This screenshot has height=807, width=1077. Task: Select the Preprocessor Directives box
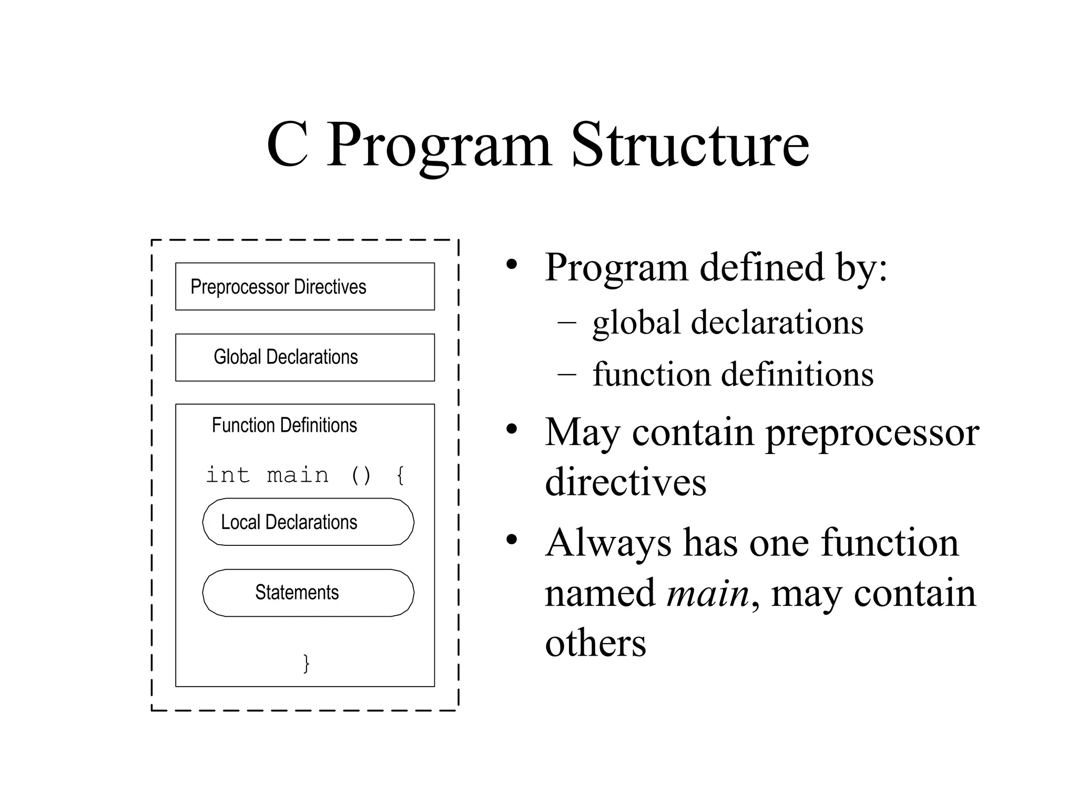point(304,286)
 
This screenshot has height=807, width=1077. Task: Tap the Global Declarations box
point(304,357)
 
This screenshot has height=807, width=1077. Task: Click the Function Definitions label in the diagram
point(284,425)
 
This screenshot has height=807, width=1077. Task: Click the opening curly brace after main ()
point(400,475)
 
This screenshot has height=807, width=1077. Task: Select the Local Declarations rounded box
point(308,522)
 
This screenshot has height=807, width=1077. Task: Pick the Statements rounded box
point(308,593)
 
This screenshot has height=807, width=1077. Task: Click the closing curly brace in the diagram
point(306,663)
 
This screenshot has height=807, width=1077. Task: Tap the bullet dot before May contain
point(512,430)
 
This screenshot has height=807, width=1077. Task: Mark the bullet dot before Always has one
point(512,540)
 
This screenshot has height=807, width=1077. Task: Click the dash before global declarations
point(566,323)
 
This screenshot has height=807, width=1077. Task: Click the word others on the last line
point(595,643)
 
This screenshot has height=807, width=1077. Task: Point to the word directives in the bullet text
point(625,482)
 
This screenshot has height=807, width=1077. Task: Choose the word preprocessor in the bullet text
point(872,433)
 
